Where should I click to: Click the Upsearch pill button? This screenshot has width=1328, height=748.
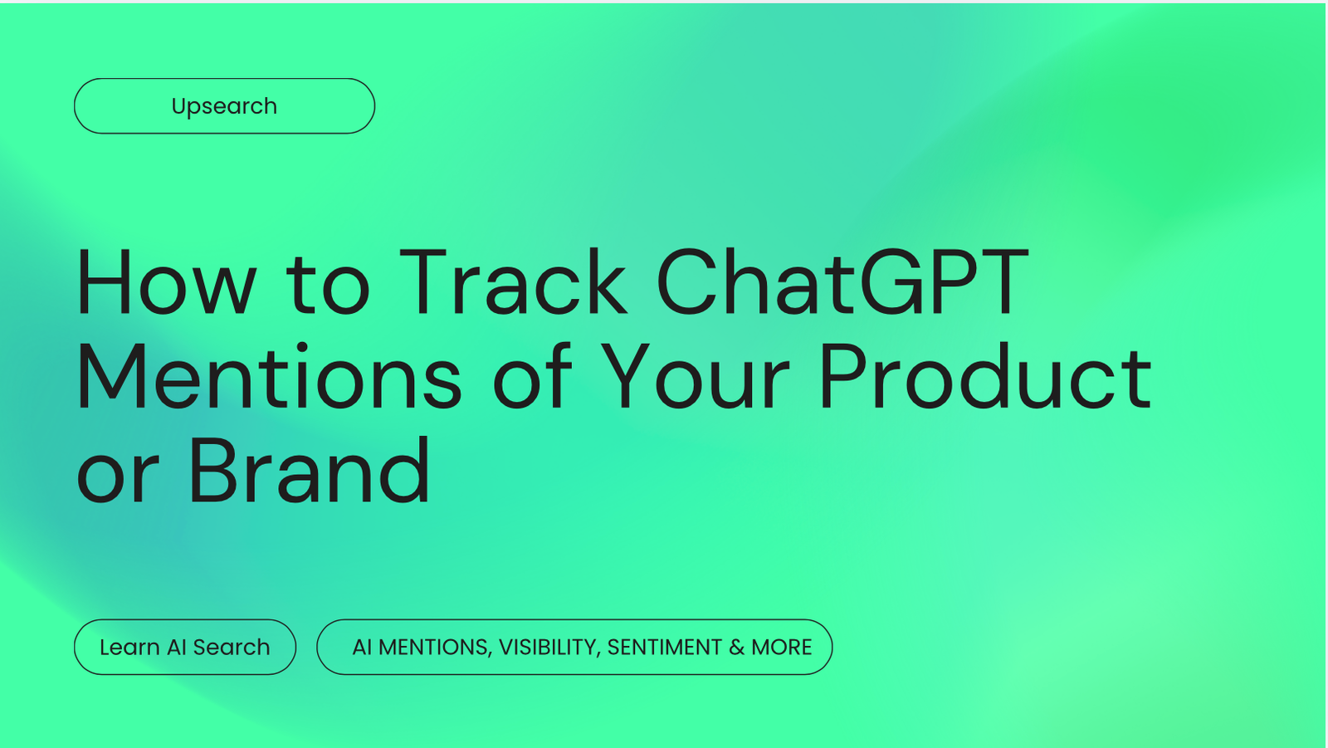(224, 106)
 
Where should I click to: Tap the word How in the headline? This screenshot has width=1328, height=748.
(166, 283)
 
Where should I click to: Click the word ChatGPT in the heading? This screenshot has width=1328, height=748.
(842, 283)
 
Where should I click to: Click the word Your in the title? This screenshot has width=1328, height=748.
(694, 379)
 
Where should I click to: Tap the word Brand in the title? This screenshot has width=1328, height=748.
(309, 472)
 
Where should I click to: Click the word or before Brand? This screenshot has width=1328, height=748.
(117, 477)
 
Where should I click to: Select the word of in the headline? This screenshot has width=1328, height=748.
(532, 379)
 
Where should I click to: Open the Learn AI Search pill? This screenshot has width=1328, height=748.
(184, 647)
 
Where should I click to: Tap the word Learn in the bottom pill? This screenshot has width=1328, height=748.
(129, 647)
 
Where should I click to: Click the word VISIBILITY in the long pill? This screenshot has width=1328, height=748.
(549, 647)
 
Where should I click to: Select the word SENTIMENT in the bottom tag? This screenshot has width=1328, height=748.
(664, 647)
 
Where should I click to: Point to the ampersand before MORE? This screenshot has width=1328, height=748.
(737, 647)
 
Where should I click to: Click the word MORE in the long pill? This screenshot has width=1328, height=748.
(781, 647)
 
